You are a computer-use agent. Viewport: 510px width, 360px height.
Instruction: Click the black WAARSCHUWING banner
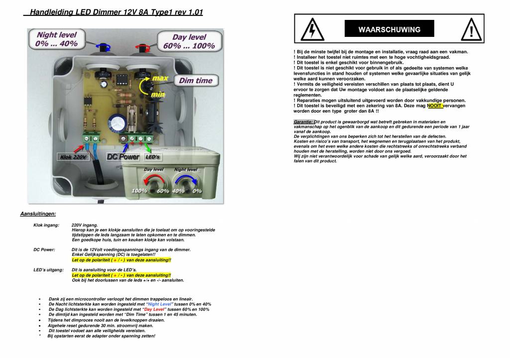[389, 29]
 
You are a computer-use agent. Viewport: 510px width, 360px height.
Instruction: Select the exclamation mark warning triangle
[471, 29]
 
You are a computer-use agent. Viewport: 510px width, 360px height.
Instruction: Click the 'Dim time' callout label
[196, 81]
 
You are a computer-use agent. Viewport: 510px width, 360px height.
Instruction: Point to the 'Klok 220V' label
[74, 157]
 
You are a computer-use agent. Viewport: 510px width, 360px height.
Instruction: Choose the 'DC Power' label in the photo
[124, 157]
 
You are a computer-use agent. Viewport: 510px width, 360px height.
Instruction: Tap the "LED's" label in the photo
[152, 157]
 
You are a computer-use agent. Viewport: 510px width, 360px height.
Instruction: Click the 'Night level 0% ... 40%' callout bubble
[56, 39]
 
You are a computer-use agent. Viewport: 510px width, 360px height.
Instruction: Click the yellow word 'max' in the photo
[159, 79]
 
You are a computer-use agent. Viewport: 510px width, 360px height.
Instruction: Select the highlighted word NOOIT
[434, 106]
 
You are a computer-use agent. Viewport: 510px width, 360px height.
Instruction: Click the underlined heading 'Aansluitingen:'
[38, 214]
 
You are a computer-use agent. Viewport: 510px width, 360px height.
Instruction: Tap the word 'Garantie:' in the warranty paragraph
[303, 121]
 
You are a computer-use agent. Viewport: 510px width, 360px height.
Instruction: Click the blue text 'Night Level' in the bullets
[160, 304]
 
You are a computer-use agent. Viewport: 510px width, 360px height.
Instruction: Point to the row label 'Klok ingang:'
[46, 225]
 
